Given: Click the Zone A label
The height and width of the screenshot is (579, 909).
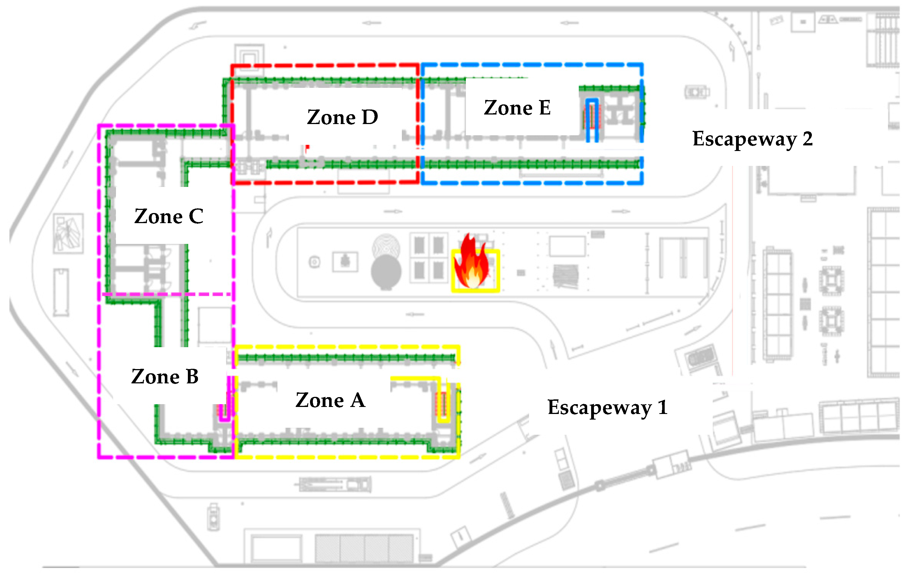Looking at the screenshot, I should [x=330, y=400].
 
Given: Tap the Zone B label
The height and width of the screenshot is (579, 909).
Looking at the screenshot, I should [x=165, y=376].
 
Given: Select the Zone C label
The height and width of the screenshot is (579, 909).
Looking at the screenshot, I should [x=169, y=216].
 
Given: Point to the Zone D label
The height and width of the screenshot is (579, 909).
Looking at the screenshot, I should [x=342, y=117].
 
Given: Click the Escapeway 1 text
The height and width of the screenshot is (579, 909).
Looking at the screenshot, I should [x=607, y=407].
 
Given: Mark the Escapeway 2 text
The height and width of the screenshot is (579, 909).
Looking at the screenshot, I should [x=752, y=139].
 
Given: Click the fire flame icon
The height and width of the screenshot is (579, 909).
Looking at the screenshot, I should [x=472, y=262].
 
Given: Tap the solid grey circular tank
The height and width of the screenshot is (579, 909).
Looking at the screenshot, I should [x=386, y=272].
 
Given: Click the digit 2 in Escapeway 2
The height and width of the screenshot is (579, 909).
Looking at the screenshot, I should [x=807, y=139].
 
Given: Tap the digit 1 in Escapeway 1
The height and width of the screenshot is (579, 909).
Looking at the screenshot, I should [x=662, y=407].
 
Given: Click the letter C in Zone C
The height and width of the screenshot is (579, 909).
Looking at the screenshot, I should [x=196, y=216].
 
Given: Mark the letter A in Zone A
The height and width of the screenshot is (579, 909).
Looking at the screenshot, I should [x=357, y=400].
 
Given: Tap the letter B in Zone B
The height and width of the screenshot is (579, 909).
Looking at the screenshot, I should [x=192, y=376].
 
